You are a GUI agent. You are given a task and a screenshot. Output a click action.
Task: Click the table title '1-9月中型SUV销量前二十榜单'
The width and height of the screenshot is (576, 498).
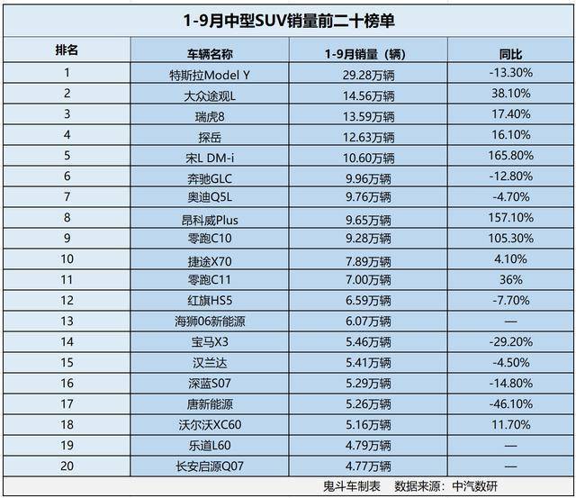click(288, 19)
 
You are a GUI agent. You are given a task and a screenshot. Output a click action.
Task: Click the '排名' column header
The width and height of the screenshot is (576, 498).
click(67, 51)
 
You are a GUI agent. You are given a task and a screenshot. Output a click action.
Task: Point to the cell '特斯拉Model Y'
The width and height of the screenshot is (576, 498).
click(210, 75)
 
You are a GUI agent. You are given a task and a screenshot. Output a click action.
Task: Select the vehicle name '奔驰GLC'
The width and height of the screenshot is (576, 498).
click(210, 177)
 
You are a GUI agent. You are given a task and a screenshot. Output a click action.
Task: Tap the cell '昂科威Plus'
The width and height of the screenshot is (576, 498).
click(210, 219)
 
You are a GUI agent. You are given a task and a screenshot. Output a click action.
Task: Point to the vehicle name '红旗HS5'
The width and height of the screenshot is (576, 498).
click(210, 301)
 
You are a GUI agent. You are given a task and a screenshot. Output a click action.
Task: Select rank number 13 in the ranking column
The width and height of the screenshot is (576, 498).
click(67, 321)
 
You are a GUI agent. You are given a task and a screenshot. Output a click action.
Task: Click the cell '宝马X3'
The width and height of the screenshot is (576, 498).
click(210, 342)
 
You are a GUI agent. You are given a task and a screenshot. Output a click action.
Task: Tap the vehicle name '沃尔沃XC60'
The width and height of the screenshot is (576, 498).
click(210, 424)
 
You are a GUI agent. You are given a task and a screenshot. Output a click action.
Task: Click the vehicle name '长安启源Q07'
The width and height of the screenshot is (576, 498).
click(210, 466)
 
